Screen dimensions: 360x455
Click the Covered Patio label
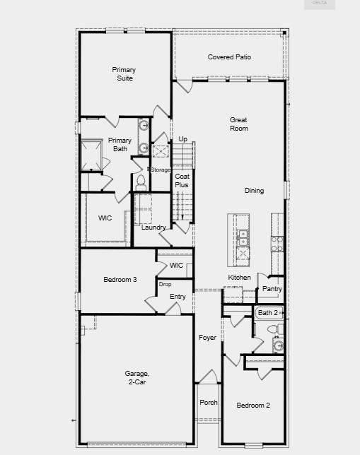(x=229, y=57)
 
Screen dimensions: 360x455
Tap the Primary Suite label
(x=124, y=74)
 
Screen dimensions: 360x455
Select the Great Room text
(x=238, y=124)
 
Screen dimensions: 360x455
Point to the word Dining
(x=254, y=191)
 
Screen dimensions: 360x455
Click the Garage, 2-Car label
(x=137, y=377)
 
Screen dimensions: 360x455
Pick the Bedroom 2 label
(x=253, y=405)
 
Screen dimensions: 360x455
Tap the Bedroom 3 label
(x=120, y=280)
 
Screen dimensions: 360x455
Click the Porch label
(x=209, y=403)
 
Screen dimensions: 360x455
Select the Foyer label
(x=207, y=338)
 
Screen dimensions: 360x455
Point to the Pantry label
(x=272, y=289)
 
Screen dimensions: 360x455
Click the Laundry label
(x=153, y=227)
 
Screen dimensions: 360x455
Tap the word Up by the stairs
(x=182, y=139)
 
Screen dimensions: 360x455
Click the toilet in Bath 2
(x=275, y=329)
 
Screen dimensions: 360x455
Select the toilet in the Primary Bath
(x=141, y=183)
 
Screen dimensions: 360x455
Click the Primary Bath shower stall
(x=91, y=155)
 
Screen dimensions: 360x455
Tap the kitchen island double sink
(x=243, y=237)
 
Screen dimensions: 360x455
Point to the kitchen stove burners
(x=277, y=244)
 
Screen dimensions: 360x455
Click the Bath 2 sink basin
(x=279, y=345)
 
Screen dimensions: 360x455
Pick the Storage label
(x=160, y=170)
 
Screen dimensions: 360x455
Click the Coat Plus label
(x=182, y=180)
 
